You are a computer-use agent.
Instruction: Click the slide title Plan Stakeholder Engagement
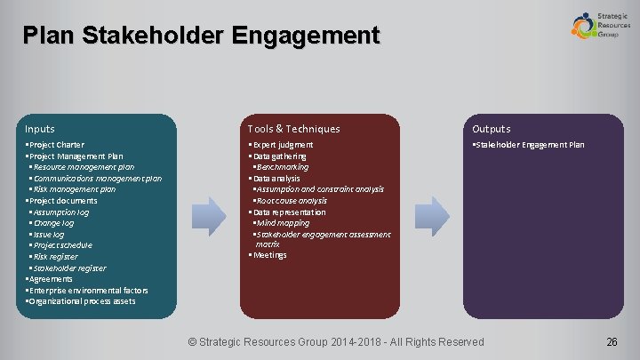[202, 36]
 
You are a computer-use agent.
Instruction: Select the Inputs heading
[41, 129]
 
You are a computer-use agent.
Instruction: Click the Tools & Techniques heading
[293, 129]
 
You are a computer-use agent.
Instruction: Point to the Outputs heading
[492, 129]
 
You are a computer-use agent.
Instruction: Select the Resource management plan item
[83, 166]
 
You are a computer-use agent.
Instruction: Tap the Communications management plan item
[96, 178]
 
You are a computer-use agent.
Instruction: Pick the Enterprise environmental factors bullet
[88, 291]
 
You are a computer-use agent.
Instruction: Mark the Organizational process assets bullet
[82, 301]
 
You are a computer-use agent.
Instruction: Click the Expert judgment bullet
[283, 145]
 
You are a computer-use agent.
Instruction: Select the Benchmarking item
[283, 166]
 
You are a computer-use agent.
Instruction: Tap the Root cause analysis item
[292, 201]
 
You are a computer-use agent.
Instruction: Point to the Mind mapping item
[283, 223]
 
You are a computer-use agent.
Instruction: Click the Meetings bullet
[270, 255]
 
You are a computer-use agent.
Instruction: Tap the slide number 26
[612, 341]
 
